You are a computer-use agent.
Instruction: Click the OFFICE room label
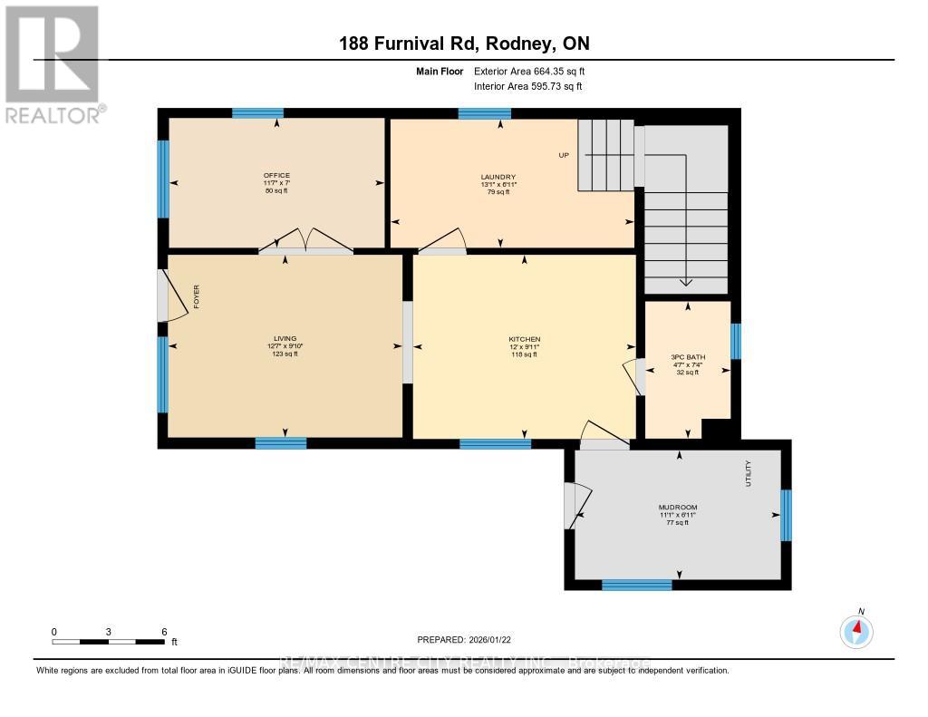click(276, 175)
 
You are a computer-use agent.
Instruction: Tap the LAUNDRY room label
click(498, 177)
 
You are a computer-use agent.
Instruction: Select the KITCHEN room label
click(524, 340)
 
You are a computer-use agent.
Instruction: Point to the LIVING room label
click(285, 339)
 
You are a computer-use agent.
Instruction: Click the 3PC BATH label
click(687, 357)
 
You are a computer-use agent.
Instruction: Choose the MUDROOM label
click(678, 508)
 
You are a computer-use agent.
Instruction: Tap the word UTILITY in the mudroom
click(749, 473)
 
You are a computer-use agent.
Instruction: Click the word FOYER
click(196, 296)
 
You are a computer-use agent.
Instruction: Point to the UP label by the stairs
click(563, 155)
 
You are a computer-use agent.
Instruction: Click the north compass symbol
click(855, 630)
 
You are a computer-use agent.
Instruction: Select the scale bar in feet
click(109, 641)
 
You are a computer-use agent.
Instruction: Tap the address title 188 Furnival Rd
click(464, 43)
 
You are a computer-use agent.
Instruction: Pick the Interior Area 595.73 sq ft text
click(528, 86)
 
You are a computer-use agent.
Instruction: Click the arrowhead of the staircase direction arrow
click(686, 281)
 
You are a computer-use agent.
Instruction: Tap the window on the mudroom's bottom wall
click(630, 585)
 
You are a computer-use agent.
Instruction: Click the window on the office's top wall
click(257, 113)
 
